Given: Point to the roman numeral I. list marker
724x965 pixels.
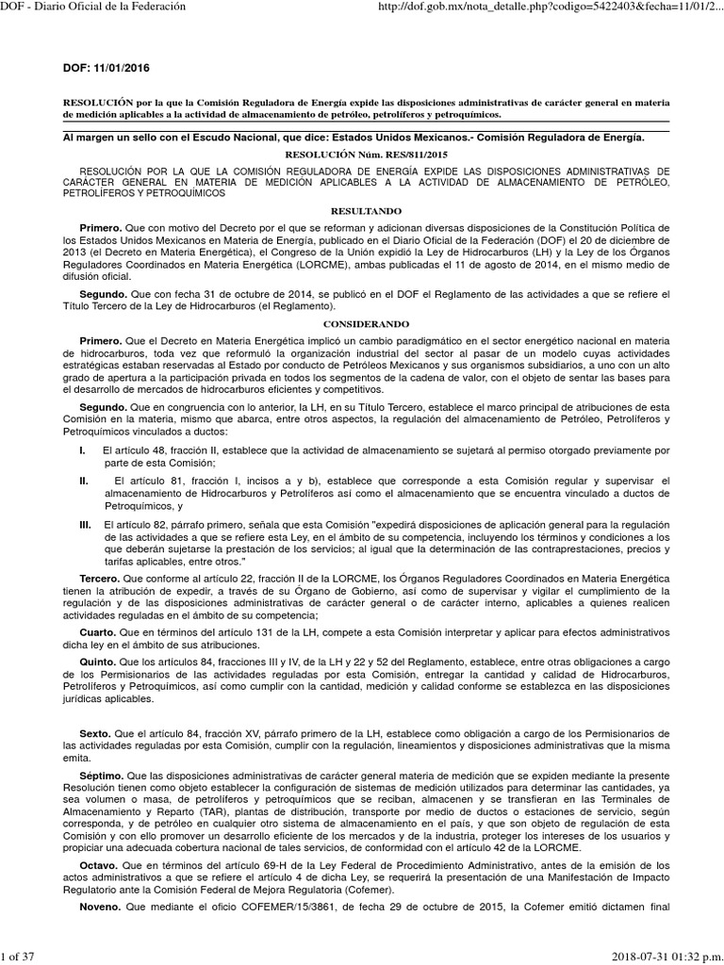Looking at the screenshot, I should pyautogui.click(x=82, y=450).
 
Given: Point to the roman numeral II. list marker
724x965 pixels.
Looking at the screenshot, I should pyautogui.click(x=84, y=481).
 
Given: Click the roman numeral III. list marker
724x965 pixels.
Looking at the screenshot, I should pyautogui.click(x=85, y=523).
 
